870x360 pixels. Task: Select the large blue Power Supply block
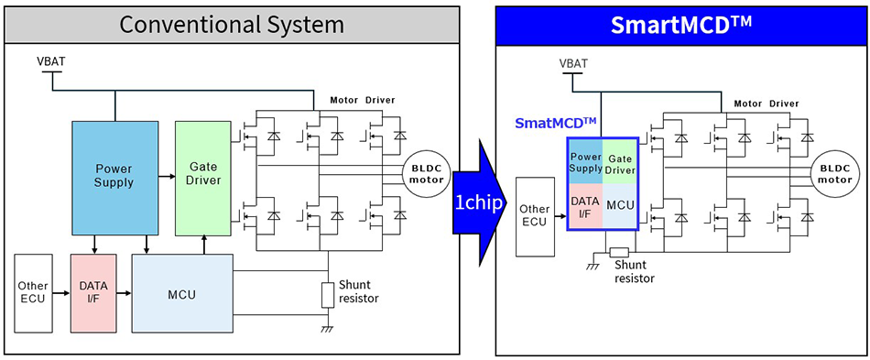114,176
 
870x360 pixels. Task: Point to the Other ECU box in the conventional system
33,293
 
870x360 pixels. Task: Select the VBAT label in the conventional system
50,62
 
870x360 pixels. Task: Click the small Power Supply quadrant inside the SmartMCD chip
585,161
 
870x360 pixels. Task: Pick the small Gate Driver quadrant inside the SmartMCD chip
620,161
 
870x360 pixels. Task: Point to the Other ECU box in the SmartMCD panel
535,214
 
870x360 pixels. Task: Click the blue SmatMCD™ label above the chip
555,123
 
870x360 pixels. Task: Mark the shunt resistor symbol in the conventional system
328,296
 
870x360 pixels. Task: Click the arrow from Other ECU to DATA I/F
61,293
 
